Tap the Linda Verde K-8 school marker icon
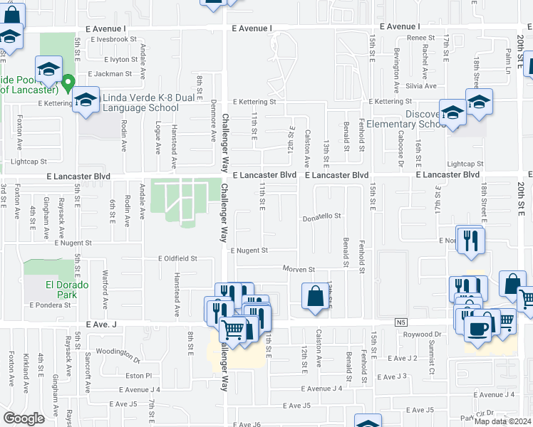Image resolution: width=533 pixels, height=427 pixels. [86, 100]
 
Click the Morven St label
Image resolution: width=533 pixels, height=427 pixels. [298, 270]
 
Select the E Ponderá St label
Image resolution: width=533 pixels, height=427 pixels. [50, 305]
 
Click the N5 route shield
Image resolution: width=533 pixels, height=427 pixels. [400, 322]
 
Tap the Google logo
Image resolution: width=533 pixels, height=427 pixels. [24, 418]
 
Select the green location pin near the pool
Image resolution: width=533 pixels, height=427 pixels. [68, 84]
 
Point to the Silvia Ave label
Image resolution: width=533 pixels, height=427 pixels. [420, 85]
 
